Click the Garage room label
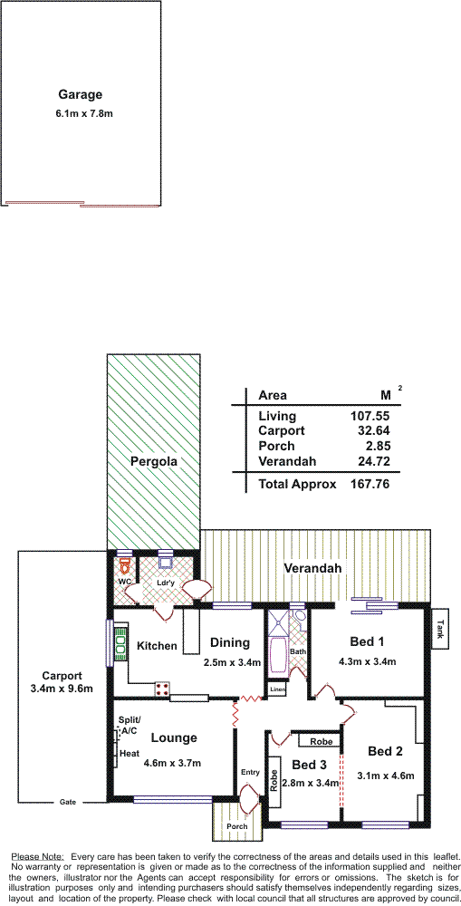coord(81,94)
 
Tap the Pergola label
coord(153,461)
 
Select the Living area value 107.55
coord(370,416)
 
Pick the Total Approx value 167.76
coord(370,484)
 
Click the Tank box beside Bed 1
coord(440,629)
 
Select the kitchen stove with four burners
coord(162,688)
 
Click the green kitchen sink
coord(122,642)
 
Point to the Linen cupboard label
coord(277,689)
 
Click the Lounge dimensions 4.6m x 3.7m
coord(173,763)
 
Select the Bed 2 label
coord(385,751)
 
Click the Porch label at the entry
coord(237,826)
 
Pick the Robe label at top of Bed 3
coord(319,741)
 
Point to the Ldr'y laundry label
coord(166,583)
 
